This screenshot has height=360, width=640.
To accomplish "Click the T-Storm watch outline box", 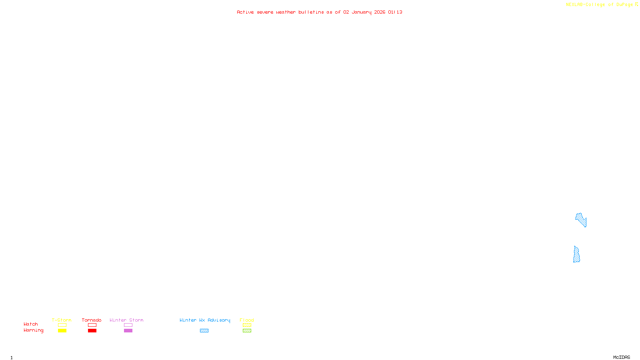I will [62, 325].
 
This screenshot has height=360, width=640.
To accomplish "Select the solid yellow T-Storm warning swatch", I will [62, 331].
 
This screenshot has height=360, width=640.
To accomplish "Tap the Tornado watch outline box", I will [92, 325].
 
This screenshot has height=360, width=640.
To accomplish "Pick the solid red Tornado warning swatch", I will [92, 331].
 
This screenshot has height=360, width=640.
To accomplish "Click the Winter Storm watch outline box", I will [128, 325].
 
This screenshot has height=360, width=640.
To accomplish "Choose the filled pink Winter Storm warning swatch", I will [128, 331].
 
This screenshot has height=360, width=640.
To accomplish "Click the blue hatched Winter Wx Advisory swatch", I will [204, 331].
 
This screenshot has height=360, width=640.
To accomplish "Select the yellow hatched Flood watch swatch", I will [247, 325].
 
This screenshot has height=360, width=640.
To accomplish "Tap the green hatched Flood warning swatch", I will [247, 331].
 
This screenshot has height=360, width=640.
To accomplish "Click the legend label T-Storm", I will [62, 320].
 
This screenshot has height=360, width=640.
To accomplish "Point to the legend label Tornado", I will [92, 320].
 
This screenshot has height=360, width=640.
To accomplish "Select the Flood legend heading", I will [247, 320].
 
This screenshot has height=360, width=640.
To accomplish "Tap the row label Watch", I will [31, 324].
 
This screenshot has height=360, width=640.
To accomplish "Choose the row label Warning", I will [33, 330].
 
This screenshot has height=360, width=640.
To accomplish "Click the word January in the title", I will [362, 12].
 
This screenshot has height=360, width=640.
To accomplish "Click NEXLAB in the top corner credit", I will [574, 5].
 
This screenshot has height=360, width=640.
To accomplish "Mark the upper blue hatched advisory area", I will [581, 219].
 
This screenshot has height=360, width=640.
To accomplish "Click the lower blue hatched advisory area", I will [576, 255].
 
